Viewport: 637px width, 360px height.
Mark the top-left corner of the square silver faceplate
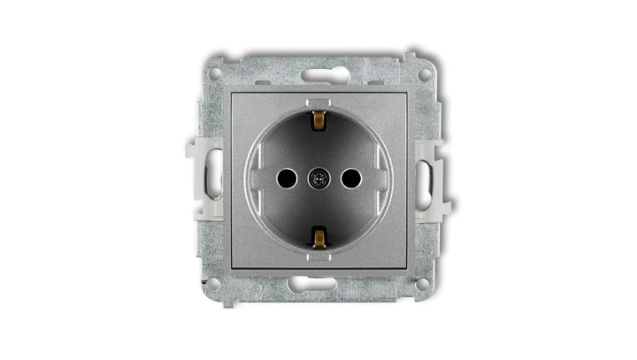pyautogui.click(x=232, y=92)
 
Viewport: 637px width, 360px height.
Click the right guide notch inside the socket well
pyautogui.click(x=382, y=178)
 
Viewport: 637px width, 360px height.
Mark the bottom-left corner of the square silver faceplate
pyautogui.click(x=232, y=267)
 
